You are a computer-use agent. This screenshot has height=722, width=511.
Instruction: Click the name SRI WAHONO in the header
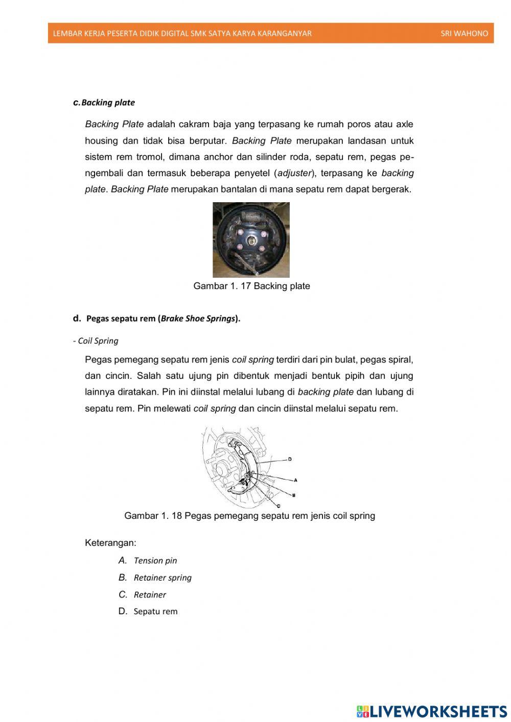coord(464,34)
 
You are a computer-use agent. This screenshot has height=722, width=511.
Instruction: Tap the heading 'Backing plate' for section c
coord(108,103)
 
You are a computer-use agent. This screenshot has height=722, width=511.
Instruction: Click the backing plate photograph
coord(251,239)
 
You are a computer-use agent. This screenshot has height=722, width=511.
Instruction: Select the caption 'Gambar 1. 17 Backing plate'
coord(251,286)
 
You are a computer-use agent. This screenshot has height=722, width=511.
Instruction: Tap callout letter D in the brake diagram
coord(290,459)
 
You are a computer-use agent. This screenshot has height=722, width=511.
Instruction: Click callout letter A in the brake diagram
coord(295,480)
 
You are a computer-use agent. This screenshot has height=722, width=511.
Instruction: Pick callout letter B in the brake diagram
coord(294,495)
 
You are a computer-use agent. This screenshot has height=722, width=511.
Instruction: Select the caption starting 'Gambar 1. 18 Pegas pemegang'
coord(249,516)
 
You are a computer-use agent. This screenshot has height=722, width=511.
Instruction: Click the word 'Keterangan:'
coord(110,542)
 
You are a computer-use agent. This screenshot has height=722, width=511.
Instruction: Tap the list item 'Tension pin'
coord(155,561)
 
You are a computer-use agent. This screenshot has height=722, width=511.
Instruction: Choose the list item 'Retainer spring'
coord(162,577)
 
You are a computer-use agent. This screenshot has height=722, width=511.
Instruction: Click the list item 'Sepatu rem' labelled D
coord(155,611)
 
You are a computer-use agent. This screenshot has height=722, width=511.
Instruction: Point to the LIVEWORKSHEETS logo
coord(431,711)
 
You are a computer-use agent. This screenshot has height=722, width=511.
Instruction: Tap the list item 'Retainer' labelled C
coord(150,594)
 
